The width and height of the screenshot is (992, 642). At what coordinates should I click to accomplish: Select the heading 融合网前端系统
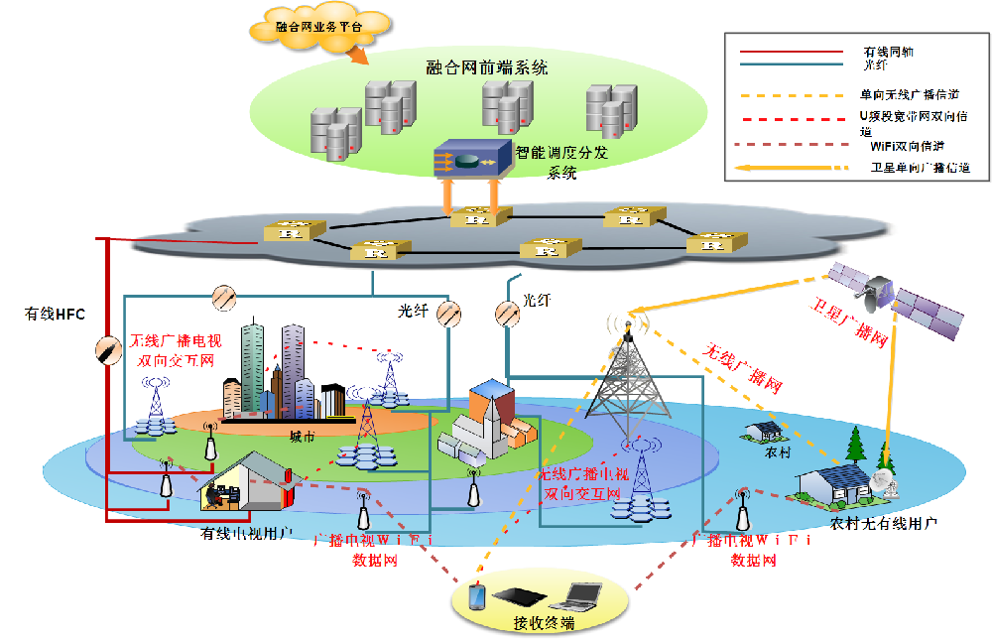pyautogui.click(x=486, y=67)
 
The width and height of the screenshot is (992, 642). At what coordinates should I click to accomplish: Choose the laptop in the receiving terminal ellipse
pyautogui.click(x=579, y=595)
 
